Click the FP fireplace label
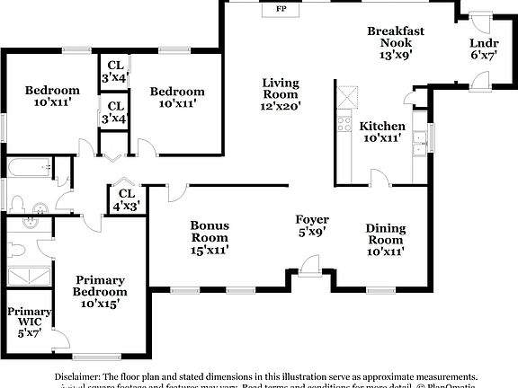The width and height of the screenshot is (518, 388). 281,9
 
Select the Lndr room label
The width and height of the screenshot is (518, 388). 483,44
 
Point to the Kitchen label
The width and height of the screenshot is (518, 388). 382,126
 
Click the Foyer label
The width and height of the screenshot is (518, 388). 312,219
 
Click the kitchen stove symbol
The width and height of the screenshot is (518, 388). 344,123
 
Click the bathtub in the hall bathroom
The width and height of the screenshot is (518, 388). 29,167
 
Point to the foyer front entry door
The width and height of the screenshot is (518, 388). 310,265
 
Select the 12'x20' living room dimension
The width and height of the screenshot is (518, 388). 281,105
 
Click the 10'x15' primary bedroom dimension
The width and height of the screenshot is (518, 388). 100,304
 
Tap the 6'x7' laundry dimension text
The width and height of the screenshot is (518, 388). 483,56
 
